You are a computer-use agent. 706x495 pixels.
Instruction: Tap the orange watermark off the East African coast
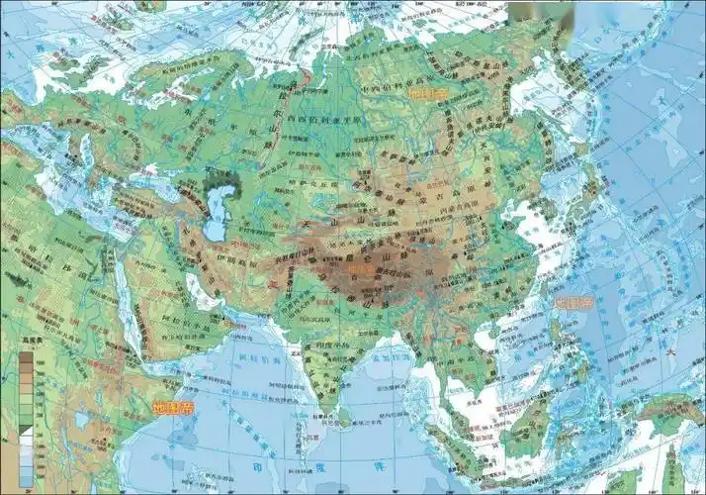coord(174,407)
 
